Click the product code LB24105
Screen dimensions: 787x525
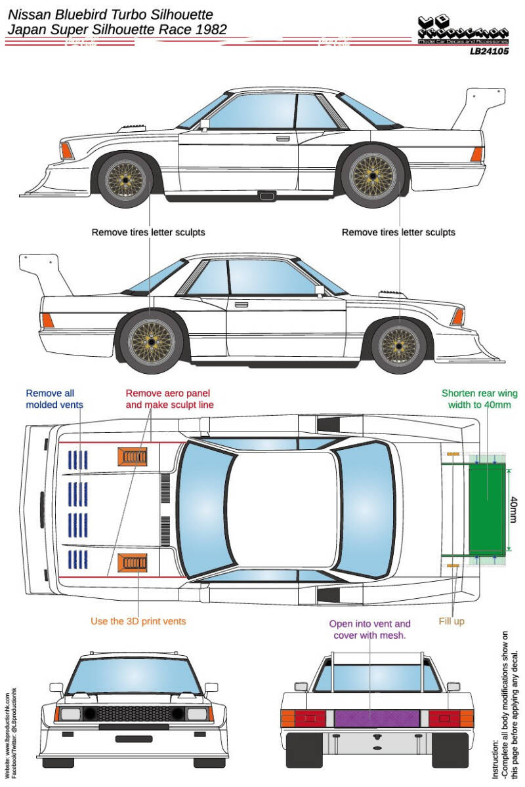click(489, 50)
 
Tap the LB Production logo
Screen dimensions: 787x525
click(463, 30)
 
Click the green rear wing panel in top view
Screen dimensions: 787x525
click(488, 508)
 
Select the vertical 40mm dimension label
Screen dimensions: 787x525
click(513, 508)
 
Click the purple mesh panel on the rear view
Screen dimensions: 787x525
click(377, 717)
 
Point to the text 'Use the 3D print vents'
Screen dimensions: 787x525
click(138, 620)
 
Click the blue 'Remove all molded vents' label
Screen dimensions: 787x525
click(54, 399)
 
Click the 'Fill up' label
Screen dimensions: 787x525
click(451, 620)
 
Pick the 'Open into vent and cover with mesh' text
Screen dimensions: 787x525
click(372, 630)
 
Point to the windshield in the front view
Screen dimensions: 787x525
click(133, 676)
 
